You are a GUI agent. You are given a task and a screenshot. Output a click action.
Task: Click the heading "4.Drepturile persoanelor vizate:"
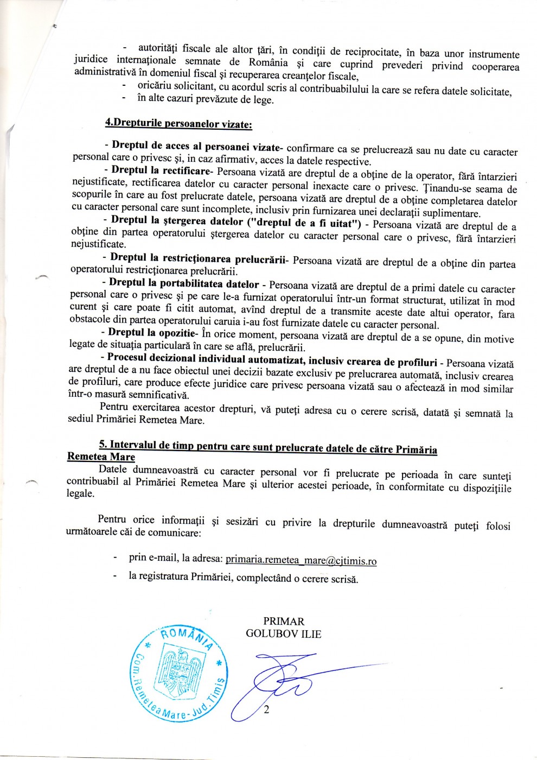coord(178,123)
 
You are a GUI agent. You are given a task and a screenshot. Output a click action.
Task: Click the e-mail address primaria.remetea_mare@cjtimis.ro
coord(301,560)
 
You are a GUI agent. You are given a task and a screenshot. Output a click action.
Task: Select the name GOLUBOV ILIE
coord(283,634)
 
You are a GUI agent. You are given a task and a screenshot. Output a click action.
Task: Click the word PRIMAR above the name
coord(283,622)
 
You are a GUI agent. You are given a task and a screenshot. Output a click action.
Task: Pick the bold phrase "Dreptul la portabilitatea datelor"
coord(184,283)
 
